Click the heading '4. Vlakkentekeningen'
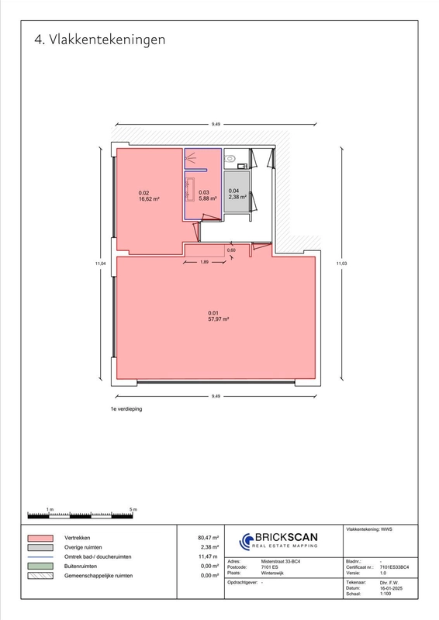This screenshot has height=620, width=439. (x=99, y=40)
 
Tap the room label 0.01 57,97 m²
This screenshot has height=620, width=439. (x=219, y=316)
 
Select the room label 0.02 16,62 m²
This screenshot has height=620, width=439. (x=149, y=196)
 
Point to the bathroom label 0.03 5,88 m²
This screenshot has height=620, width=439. (x=207, y=195)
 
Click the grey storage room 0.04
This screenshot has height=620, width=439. (x=237, y=191)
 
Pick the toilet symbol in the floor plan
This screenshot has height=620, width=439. (x=230, y=159)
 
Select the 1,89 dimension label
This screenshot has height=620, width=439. (x=204, y=262)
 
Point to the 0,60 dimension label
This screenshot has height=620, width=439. (x=231, y=250)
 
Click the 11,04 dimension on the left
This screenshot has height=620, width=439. (x=100, y=263)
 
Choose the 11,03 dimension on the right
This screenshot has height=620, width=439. (x=341, y=263)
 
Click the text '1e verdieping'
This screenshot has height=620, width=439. (x=126, y=409)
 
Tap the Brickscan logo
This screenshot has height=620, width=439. (x=278, y=540)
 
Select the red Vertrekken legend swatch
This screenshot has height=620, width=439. (x=40, y=538)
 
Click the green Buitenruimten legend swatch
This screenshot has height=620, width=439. (x=40, y=567)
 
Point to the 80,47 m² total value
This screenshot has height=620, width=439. (x=208, y=538)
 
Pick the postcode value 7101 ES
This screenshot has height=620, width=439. (x=270, y=567)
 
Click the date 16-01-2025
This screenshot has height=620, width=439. (x=391, y=588)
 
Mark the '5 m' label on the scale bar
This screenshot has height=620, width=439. (x=133, y=509)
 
